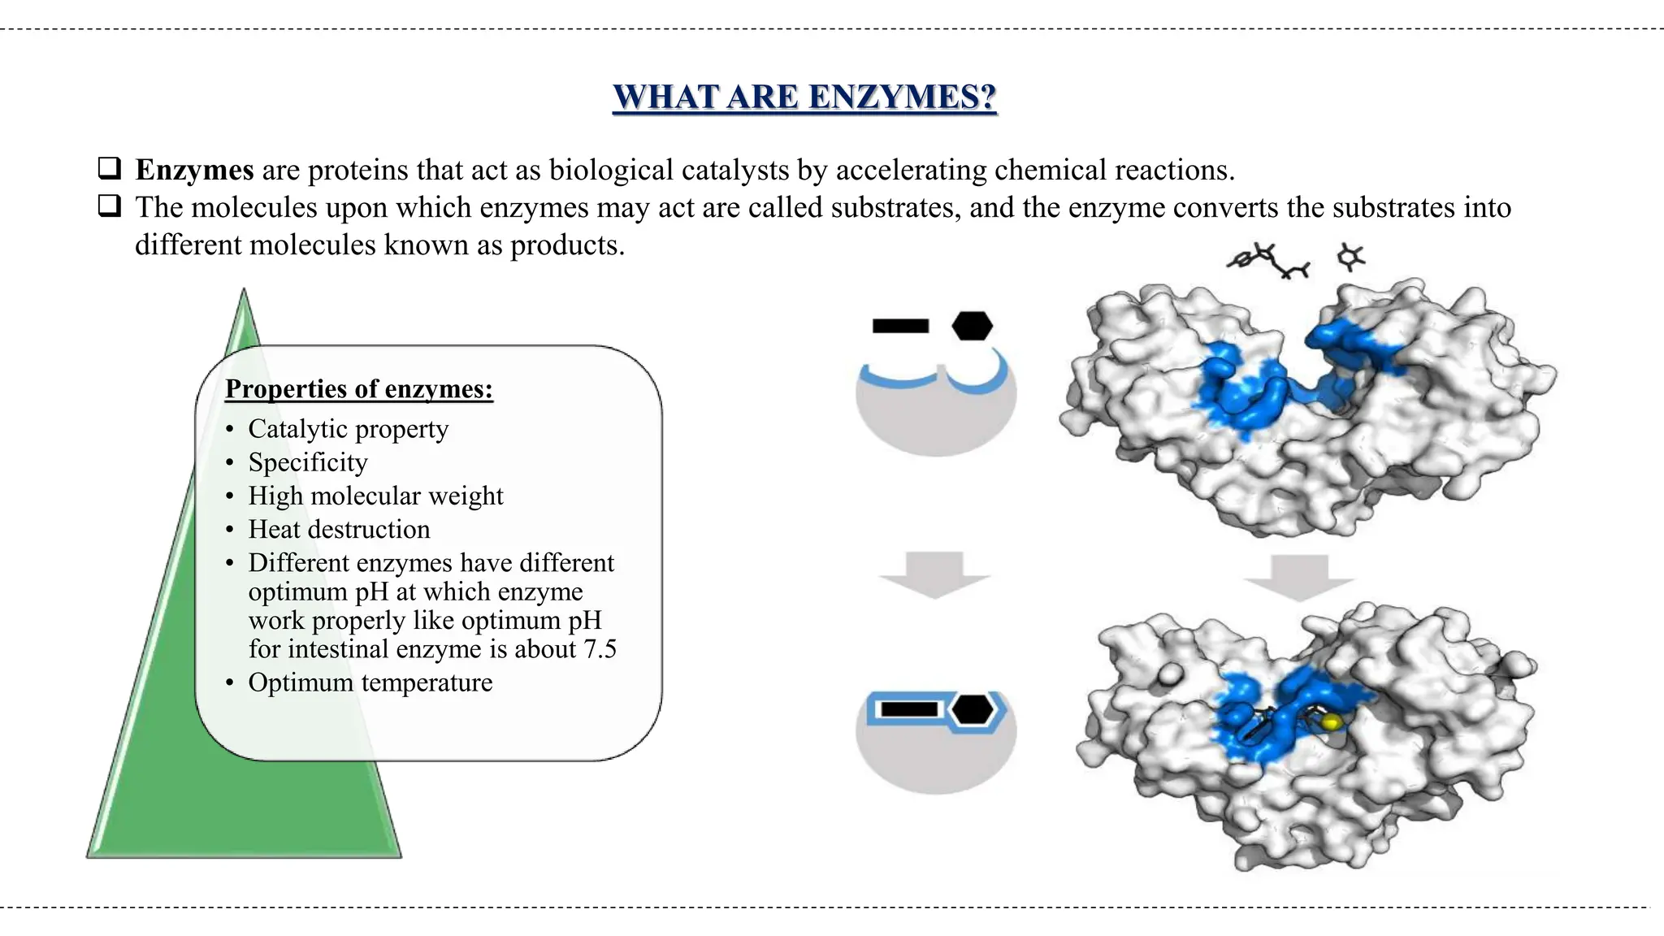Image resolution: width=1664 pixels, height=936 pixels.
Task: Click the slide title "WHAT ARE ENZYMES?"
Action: coord(804,97)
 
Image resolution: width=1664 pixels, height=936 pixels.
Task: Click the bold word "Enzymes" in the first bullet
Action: coord(195,170)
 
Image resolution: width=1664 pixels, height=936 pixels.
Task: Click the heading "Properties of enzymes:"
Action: coord(359,389)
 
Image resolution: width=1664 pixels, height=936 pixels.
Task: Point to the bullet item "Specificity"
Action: coord(308,462)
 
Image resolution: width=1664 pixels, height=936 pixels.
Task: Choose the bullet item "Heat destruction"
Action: coord(339,530)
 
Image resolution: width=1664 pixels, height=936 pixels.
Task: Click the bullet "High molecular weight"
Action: coord(375,496)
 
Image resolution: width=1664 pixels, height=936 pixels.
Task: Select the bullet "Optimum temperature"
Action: coord(370,682)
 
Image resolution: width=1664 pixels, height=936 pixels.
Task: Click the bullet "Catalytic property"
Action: coord(348,429)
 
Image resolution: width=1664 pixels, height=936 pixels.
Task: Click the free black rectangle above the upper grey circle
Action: coord(900,326)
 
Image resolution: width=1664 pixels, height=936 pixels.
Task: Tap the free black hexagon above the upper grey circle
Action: coord(972,326)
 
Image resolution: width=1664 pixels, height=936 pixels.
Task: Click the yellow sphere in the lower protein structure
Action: coord(1330,721)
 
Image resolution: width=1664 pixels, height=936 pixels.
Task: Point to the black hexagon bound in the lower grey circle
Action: coord(973,709)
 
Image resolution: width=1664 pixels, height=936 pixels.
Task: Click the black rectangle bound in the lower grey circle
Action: coord(909,709)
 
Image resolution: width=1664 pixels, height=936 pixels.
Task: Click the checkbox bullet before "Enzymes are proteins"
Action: coord(110,169)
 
